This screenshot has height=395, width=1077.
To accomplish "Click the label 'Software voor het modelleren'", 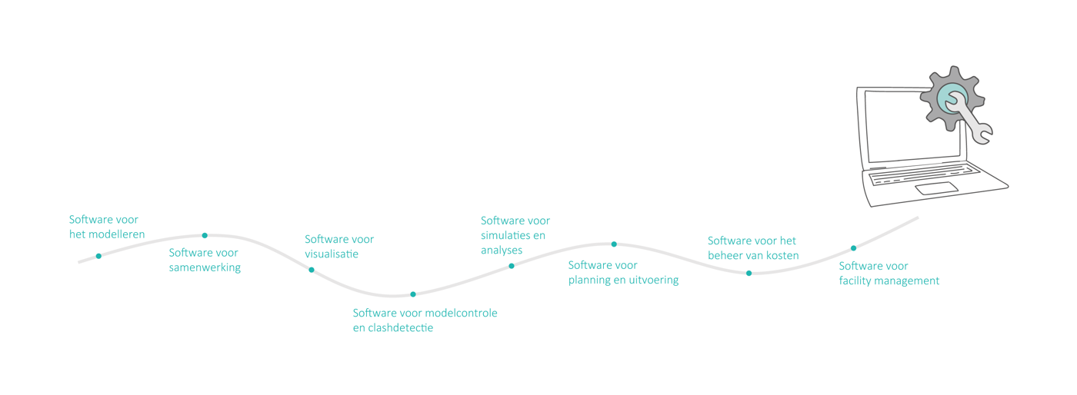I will [107, 227].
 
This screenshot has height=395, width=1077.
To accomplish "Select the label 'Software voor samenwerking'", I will [205, 260].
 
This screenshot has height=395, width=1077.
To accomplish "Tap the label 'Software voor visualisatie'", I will [339, 246].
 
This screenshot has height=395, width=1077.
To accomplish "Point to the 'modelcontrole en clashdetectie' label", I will [425, 320].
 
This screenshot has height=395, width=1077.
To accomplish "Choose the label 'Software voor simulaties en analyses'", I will [515, 235].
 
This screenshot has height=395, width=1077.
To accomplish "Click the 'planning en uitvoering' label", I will [623, 272].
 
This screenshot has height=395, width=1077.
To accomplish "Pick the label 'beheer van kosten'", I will [753, 247].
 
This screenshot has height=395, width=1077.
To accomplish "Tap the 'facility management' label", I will [889, 273].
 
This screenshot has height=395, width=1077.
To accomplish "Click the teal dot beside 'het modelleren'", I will [98, 256].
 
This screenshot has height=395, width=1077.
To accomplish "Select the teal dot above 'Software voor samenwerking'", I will [205, 235].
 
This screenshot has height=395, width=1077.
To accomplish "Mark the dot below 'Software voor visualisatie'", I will [312, 270].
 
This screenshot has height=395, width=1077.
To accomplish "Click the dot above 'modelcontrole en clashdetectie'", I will [413, 294].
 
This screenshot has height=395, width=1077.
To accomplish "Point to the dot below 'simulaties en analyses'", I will [512, 266].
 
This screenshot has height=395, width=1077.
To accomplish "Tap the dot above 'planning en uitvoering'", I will [614, 244].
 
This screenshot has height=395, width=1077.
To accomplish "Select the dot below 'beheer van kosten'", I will [749, 273].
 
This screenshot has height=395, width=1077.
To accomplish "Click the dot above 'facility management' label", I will [854, 248].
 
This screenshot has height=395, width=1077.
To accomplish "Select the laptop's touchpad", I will [936, 188].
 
